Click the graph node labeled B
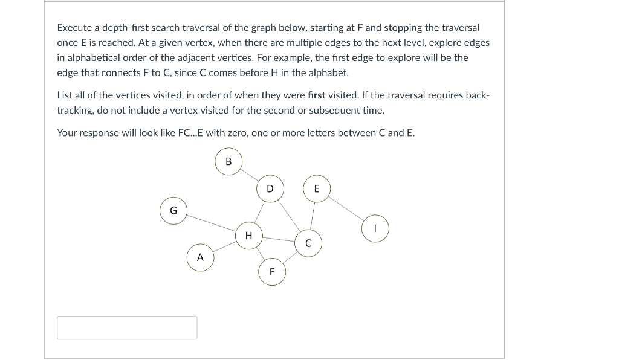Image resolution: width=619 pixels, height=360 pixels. click(x=228, y=162)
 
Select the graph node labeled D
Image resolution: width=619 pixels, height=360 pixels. click(x=270, y=189)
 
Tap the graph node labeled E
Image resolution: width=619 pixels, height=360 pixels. click(x=317, y=189)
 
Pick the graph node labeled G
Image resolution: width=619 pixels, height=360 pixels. click(x=173, y=211)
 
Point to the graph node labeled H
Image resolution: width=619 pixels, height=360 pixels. click(x=248, y=235)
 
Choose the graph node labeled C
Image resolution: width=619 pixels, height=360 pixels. click(x=308, y=243)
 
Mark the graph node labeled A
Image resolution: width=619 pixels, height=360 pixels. click(x=201, y=258)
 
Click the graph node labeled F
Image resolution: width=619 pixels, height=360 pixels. click(x=272, y=272)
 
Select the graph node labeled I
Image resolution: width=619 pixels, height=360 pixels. click(x=375, y=229)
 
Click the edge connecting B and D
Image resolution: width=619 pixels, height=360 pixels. click(x=249, y=175)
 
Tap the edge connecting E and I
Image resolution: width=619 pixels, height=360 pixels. click(x=346, y=209)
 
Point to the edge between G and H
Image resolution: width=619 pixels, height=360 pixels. click(x=211, y=223)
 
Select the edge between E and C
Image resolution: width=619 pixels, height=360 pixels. click(x=313, y=216)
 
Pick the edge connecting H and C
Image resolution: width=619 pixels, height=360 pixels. click(x=278, y=239)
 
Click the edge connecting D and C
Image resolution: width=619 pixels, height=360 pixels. click(x=289, y=216)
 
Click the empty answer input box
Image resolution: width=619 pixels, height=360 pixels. click(x=127, y=327)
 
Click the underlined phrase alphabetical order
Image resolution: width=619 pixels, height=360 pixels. click(x=107, y=58)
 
